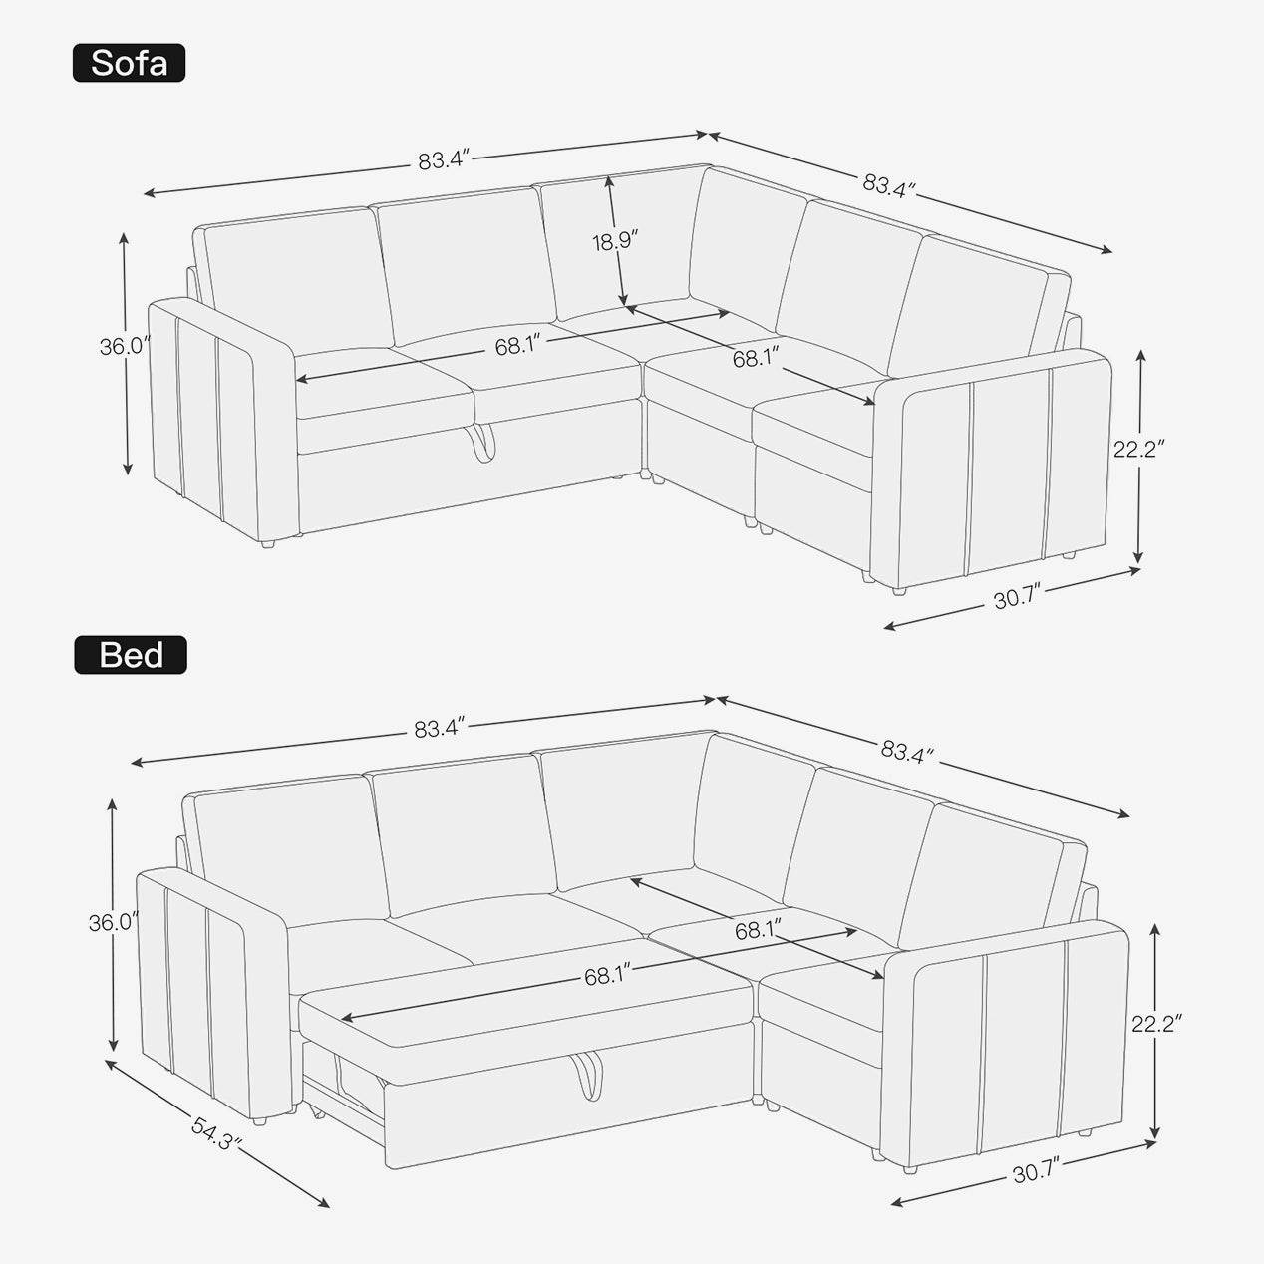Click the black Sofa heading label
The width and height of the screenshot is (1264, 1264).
129,63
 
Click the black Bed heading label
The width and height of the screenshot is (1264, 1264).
131,655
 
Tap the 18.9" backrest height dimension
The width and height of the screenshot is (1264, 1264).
615,242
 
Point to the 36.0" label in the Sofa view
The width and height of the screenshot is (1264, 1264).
126,346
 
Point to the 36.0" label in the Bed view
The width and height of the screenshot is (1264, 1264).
114,923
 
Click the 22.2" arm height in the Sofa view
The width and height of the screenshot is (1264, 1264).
1138,449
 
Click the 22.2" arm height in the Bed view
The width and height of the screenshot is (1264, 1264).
1156,1024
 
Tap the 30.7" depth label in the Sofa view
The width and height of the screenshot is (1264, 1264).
1016,597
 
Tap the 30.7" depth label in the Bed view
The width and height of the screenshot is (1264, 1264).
1036,1173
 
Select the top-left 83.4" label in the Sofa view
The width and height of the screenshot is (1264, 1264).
445,159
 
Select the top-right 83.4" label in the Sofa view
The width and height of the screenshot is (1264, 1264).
889,186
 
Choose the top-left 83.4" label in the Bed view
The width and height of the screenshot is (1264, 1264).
440,728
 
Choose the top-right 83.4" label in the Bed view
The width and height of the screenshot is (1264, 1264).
907,751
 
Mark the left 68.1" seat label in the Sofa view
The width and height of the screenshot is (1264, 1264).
517,345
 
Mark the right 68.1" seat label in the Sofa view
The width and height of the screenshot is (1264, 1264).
756,358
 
